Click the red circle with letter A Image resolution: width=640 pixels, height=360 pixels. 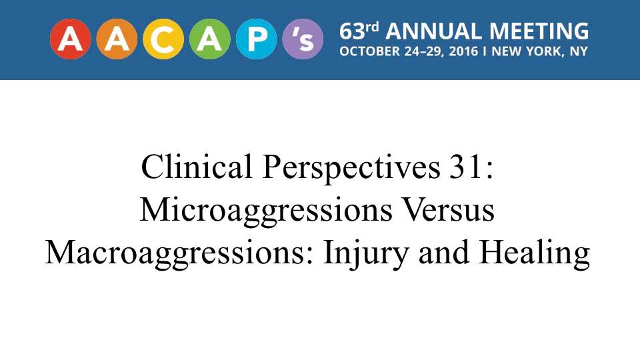70,39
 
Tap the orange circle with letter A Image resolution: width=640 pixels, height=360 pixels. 117,39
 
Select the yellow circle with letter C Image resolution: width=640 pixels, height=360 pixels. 163,39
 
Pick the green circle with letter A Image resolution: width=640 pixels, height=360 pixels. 210,39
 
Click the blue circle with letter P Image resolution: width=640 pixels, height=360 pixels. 256,39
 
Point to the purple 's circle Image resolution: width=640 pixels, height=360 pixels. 303,39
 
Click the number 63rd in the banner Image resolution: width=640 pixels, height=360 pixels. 359,31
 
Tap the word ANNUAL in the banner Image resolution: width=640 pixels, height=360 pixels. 433,31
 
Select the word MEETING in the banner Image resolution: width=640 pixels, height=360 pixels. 539,31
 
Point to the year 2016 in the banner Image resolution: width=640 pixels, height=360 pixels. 463,51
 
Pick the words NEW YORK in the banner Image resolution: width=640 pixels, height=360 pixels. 526,51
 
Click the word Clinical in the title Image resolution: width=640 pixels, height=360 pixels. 197,167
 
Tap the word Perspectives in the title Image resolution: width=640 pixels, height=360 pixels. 351,169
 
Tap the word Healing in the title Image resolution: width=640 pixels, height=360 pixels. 535,254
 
